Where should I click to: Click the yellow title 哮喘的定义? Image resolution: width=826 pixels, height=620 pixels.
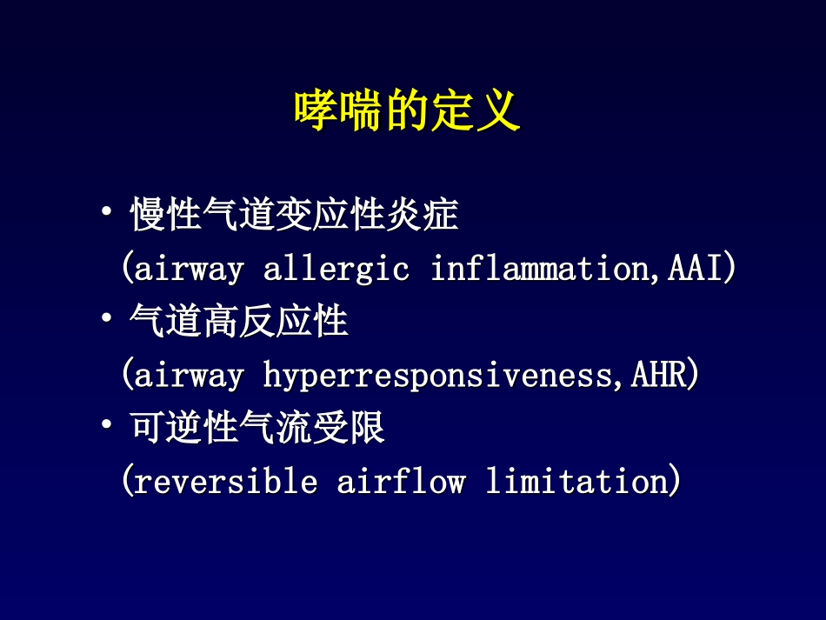click(407, 111)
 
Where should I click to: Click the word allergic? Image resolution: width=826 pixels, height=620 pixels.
click(336, 270)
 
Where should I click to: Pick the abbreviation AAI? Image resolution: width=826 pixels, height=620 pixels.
click(696, 270)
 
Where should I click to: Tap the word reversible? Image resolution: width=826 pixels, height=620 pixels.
click(226, 482)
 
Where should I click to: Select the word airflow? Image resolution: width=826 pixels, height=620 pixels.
click(401, 482)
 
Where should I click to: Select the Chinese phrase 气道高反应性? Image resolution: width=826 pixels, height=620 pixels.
click(239, 323)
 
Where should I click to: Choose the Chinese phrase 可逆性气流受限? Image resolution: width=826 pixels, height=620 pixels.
click(257, 429)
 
